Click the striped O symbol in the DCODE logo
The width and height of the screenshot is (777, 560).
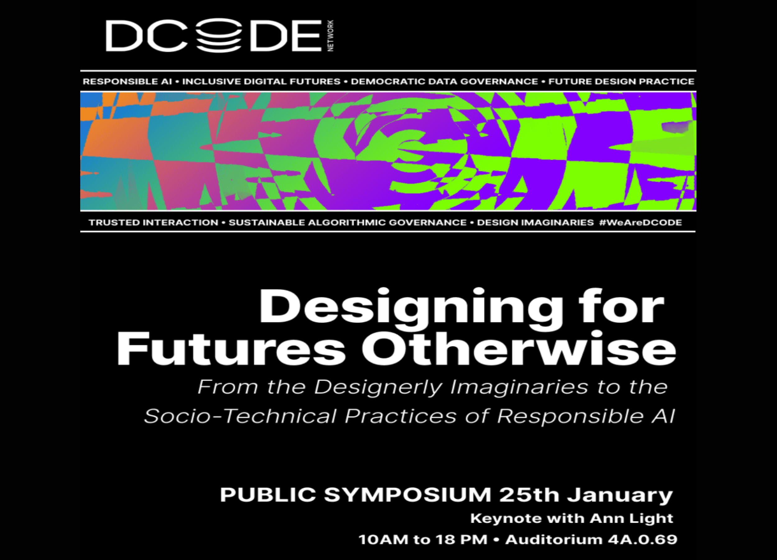tap(219, 35)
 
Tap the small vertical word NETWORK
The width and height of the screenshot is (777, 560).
tap(330, 36)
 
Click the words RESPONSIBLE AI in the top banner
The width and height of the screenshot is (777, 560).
tap(127, 81)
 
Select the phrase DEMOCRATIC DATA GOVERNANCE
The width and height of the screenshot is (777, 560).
tap(444, 81)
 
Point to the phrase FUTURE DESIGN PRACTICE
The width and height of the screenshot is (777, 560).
tap(621, 81)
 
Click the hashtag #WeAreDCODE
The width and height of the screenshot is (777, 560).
tap(640, 223)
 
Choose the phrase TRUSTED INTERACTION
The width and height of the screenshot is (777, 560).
tap(154, 223)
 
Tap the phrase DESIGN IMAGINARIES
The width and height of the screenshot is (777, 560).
tap(535, 223)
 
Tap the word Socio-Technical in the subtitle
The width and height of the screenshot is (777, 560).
tap(240, 416)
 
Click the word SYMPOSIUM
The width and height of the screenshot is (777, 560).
tap(408, 495)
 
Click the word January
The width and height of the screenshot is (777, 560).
tap(620, 496)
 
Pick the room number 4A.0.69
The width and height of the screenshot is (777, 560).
tap(643, 540)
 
